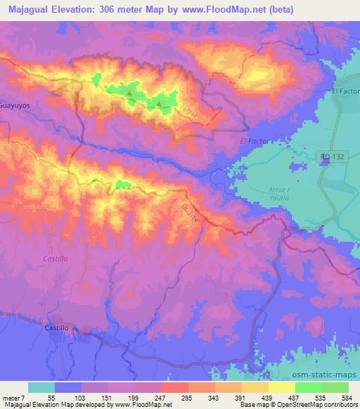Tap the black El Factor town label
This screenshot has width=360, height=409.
click(x=345, y=91)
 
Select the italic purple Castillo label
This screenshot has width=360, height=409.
click(x=54, y=259)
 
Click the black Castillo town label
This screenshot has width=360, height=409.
click(x=58, y=327)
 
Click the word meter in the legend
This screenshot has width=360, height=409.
click(x=13, y=397)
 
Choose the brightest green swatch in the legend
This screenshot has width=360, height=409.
click(x=308, y=387)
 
